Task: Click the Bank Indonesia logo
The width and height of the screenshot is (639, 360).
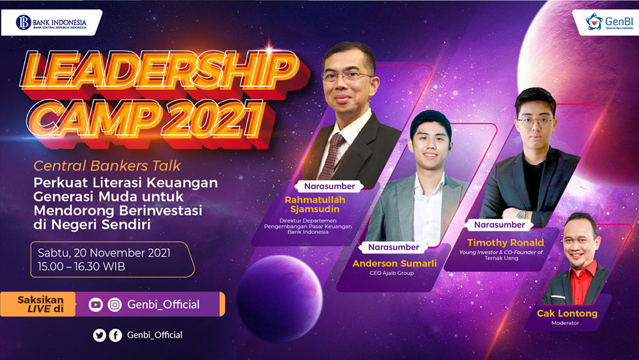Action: point(51,22)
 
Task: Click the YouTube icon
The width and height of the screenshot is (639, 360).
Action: point(96,304)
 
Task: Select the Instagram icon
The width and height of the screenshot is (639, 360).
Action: point(115,304)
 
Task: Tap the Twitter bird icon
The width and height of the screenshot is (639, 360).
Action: point(100,335)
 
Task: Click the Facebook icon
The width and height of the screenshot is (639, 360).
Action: point(116,335)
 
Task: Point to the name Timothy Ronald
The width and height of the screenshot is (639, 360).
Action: point(505,242)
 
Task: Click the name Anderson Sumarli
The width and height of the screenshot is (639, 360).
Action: point(394,263)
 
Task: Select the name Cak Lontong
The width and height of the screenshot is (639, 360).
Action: point(567,313)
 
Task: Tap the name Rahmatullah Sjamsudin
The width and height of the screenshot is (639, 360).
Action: point(314,205)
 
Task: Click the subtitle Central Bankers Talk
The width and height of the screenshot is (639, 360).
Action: point(107,166)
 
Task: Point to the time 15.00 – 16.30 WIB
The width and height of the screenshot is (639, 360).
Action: point(82,267)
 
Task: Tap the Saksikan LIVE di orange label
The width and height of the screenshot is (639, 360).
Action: point(38,304)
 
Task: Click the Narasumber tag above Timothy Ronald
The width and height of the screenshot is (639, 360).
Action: point(499,224)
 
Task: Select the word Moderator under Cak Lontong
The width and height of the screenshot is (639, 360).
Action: point(565,323)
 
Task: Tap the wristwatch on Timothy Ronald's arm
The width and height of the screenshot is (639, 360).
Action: point(521,214)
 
